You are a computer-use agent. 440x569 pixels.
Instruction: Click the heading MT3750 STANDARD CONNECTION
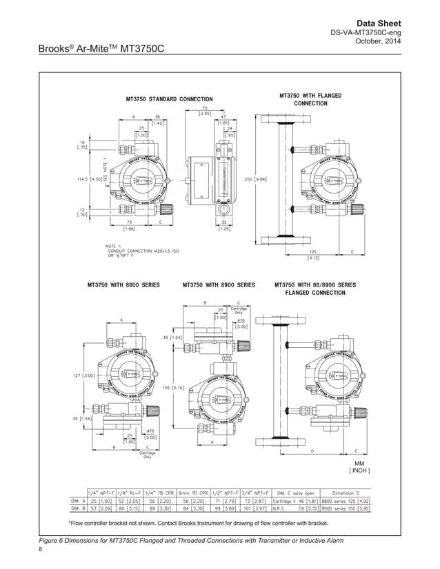click(x=169, y=99)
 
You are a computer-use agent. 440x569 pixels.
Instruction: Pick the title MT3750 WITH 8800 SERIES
click(x=123, y=284)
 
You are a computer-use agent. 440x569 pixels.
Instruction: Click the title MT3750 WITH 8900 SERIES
click(x=219, y=284)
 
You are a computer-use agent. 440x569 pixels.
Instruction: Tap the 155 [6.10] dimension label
click(x=172, y=388)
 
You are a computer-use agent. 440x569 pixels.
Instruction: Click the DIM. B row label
click(x=78, y=510)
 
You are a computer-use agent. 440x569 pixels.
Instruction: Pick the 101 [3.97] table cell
click(x=255, y=510)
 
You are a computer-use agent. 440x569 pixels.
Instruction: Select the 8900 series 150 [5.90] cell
click(x=346, y=510)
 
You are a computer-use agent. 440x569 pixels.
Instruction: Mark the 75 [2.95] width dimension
click(x=206, y=111)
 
